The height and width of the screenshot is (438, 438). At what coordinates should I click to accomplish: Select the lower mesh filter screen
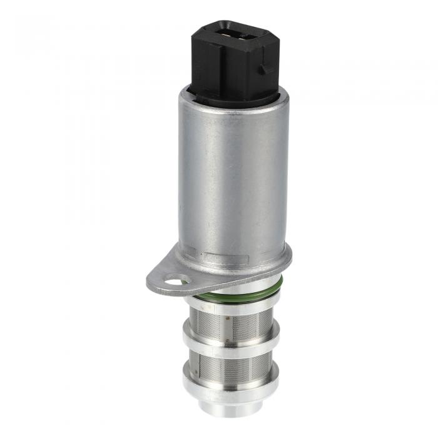[229, 366]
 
